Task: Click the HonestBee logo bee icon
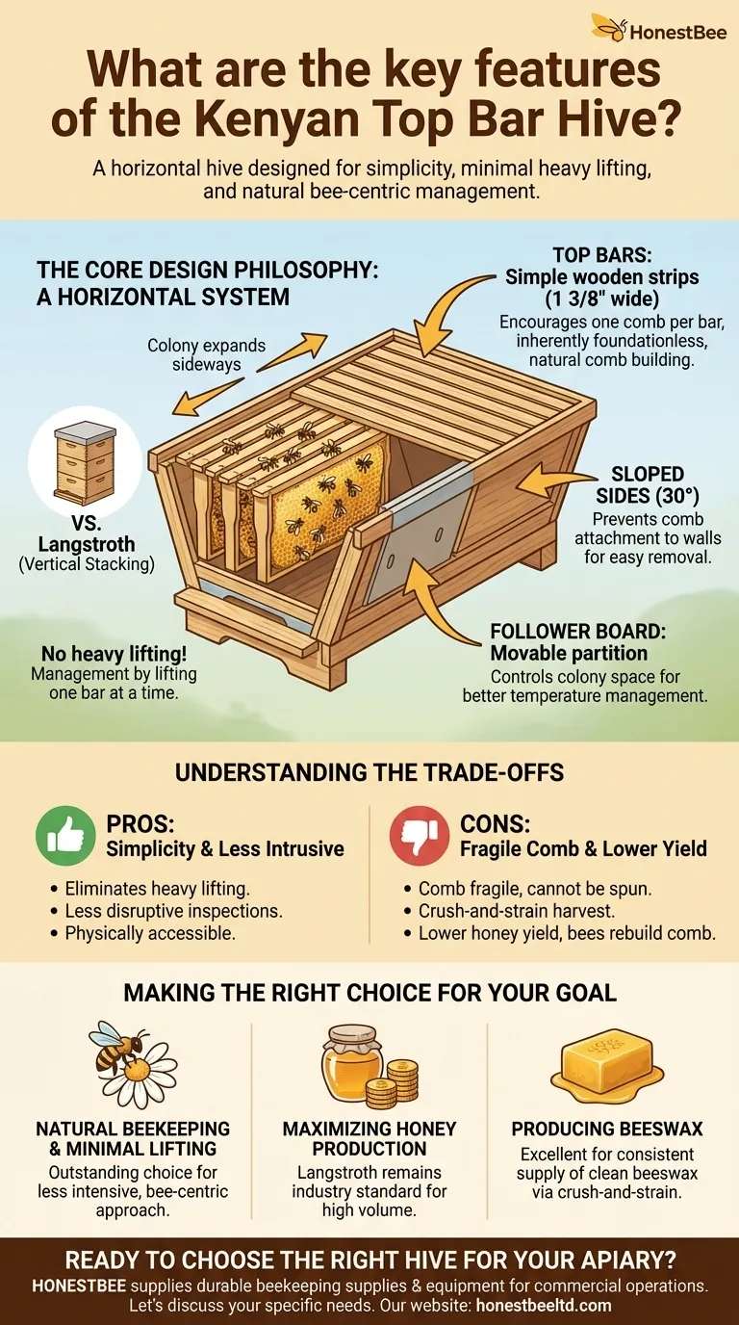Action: coord(608,29)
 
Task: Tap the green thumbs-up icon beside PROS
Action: coord(65,835)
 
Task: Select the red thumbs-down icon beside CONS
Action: coord(420,835)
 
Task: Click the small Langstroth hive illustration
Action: coord(85,462)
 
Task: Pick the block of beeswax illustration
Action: coord(607,1062)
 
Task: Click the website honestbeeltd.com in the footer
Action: coord(544,1306)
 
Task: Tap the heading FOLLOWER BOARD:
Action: coord(577,631)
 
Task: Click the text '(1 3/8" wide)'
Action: coord(601,299)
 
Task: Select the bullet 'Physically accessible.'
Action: coord(143,933)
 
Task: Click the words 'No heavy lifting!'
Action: coord(115,654)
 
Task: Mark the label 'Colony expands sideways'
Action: coord(206,354)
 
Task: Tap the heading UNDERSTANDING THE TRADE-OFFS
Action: coord(369,772)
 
